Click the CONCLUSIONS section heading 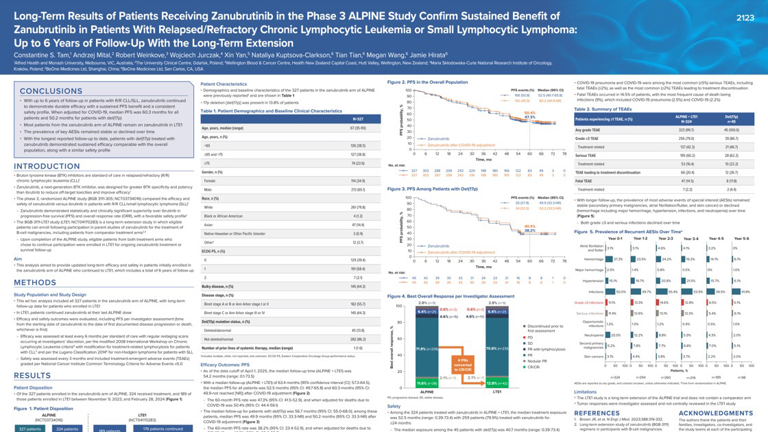[52, 91]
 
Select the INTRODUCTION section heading [47, 167]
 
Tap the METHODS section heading [36, 283]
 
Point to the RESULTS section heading [32, 376]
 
